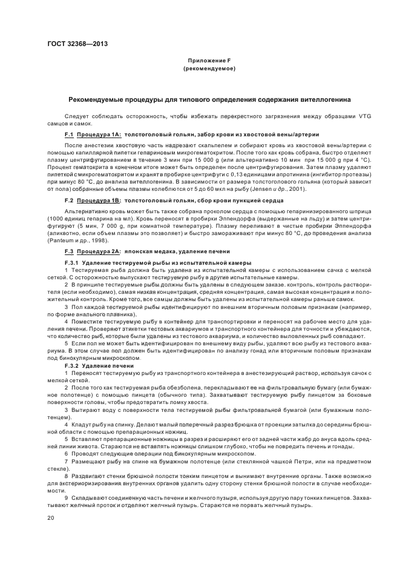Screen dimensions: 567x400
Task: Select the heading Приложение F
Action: click(x=209, y=62)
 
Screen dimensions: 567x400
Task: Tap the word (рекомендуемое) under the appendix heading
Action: click(x=209, y=69)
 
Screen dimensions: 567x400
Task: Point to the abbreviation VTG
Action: click(x=349, y=115)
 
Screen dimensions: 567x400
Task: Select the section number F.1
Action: click(x=69, y=134)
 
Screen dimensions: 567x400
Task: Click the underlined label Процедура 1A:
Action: click(x=99, y=134)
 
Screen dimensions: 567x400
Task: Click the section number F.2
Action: click(x=69, y=201)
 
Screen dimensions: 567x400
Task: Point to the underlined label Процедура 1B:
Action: click(x=99, y=201)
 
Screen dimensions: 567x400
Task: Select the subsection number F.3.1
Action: click(x=72, y=262)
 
